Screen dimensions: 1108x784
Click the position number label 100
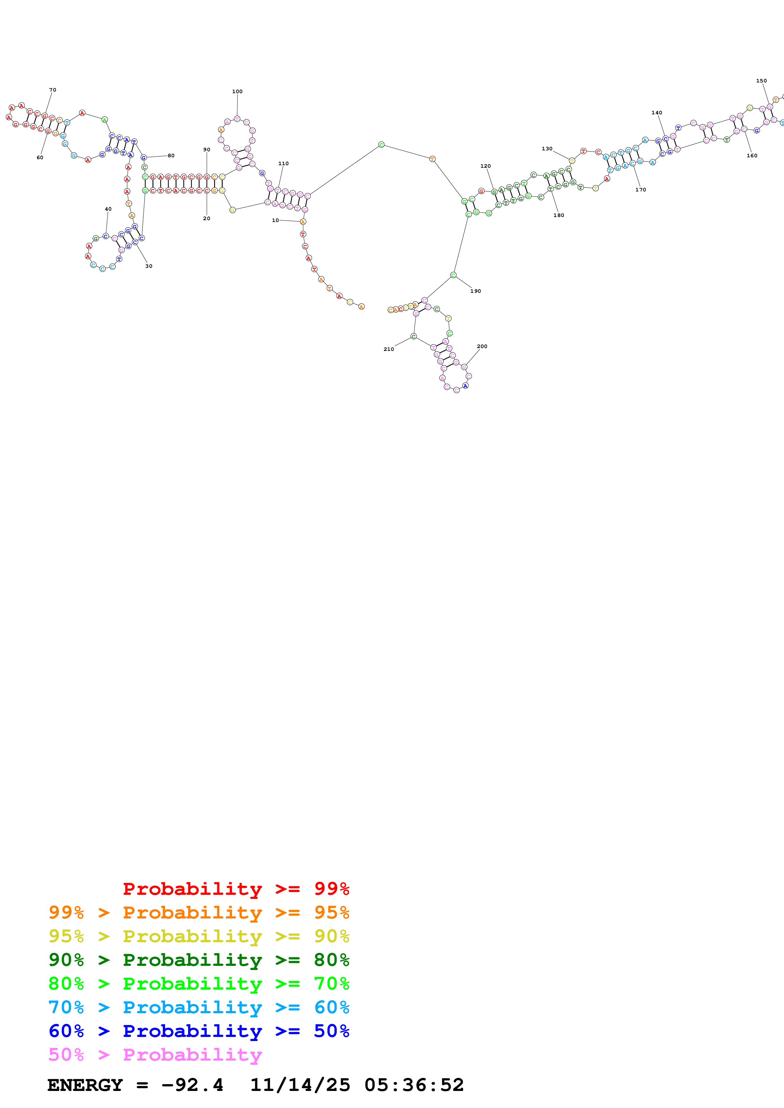[x=237, y=92]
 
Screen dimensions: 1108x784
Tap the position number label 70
[x=52, y=90]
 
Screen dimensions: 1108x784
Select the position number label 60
[x=40, y=157]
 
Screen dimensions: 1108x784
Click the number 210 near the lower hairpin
[x=389, y=349]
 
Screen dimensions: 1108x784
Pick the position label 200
[x=482, y=346]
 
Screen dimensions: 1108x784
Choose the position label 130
[x=547, y=149]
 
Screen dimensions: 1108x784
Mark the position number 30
[x=149, y=266]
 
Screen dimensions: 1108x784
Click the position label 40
[x=108, y=209]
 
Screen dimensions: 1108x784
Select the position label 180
[x=559, y=215]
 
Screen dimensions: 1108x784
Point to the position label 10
[x=275, y=220]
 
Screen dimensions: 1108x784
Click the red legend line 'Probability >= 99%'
[x=236, y=888]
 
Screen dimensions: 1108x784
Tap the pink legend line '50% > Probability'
[x=155, y=1054]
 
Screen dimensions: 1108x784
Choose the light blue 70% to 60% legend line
[x=199, y=1007]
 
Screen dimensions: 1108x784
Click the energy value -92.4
[x=192, y=1085]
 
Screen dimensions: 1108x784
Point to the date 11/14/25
[x=299, y=1085]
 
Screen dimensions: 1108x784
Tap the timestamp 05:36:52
[x=414, y=1085]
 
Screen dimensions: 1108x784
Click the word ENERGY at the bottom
[x=85, y=1085]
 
